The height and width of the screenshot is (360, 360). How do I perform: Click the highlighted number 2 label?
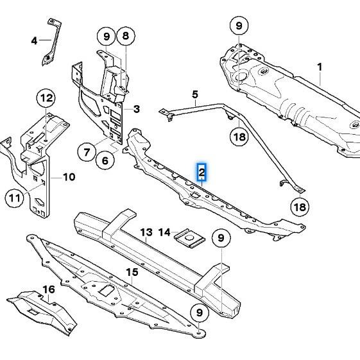(x=201, y=172)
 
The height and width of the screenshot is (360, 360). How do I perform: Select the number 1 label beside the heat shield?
(x=320, y=67)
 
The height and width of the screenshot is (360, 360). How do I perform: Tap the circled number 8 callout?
(x=126, y=36)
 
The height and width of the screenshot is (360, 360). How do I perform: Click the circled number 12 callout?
(x=46, y=98)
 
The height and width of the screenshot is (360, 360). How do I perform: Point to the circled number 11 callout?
(x=15, y=198)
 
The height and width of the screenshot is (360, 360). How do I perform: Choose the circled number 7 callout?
(x=87, y=152)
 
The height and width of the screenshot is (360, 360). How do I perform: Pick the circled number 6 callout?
(x=105, y=160)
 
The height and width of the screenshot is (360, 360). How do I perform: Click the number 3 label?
(x=137, y=109)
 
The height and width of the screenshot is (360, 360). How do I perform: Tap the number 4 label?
(x=34, y=41)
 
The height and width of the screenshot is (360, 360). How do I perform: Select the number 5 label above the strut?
(x=195, y=94)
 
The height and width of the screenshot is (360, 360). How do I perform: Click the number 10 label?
(x=69, y=177)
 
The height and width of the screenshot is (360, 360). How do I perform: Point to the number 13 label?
(x=146, y=232)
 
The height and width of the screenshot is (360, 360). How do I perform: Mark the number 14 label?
(x=164, y=232)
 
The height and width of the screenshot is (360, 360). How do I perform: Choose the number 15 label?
(x=132, y=272)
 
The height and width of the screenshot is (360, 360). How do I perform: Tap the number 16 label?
(x=49, y=289)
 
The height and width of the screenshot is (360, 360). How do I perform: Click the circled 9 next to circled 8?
(x=107, y=37)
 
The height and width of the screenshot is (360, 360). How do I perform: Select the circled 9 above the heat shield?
(x=239, y=26)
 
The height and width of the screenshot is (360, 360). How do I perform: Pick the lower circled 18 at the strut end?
(x=300, y=207)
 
